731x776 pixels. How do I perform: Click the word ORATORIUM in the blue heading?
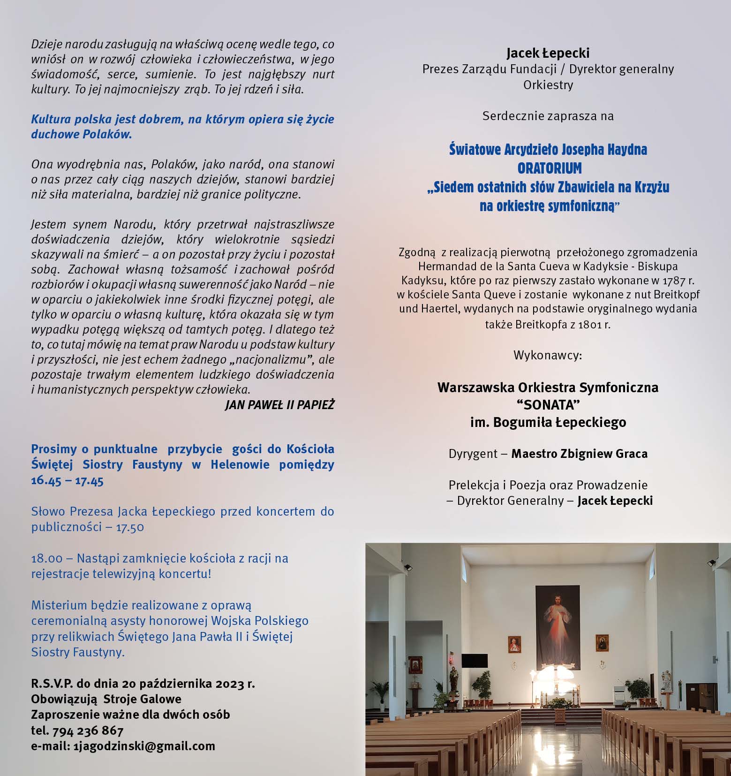(x=549, y=168)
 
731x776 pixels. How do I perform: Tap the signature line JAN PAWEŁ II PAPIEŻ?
(x=279, y=404)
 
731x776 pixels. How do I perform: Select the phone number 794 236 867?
(x=88, y=730)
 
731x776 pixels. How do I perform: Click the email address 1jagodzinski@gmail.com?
(x=144, y=746)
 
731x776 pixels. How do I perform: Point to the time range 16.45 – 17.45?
(x=67, y=480)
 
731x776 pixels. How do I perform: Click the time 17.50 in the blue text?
(x=130, y=527)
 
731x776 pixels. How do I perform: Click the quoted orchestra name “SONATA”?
(x=548, y=404)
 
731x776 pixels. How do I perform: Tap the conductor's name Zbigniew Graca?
(x=604, y=454)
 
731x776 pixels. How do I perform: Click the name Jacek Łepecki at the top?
(x=548, y=53)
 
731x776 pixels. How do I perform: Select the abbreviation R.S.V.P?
(x=52, y=683)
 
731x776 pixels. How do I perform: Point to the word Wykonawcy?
(x=548, y=355)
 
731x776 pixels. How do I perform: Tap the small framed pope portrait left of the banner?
(x=514, y=645)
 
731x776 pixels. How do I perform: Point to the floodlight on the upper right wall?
(x=712, y=562)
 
